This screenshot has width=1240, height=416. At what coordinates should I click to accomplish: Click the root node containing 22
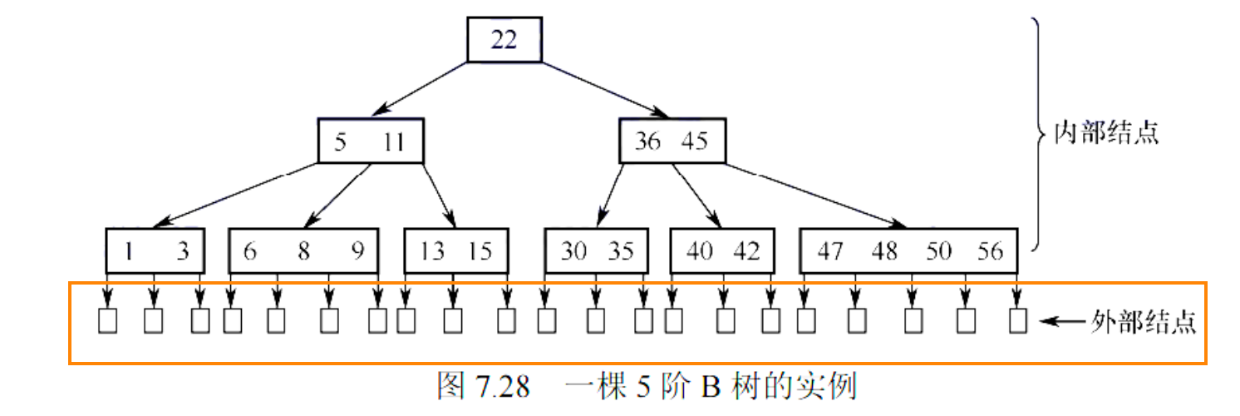click(x=504, y=39)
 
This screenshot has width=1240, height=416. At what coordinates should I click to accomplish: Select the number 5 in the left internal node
click(x=340, y=142)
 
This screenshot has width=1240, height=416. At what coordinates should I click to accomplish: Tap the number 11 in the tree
click(x=392, y=142)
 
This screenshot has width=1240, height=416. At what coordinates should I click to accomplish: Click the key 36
click(x=647, y=142)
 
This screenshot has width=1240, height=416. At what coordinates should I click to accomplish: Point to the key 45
click(x=694, y=142)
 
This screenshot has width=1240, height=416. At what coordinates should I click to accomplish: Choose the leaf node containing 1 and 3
click(x=155, y=250)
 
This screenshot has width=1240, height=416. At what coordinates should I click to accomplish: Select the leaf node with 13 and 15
click(x=455, y=250)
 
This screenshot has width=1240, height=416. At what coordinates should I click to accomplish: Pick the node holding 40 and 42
click(x=723, y=250)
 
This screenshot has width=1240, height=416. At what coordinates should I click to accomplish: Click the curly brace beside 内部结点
click(x=1037, y=133)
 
